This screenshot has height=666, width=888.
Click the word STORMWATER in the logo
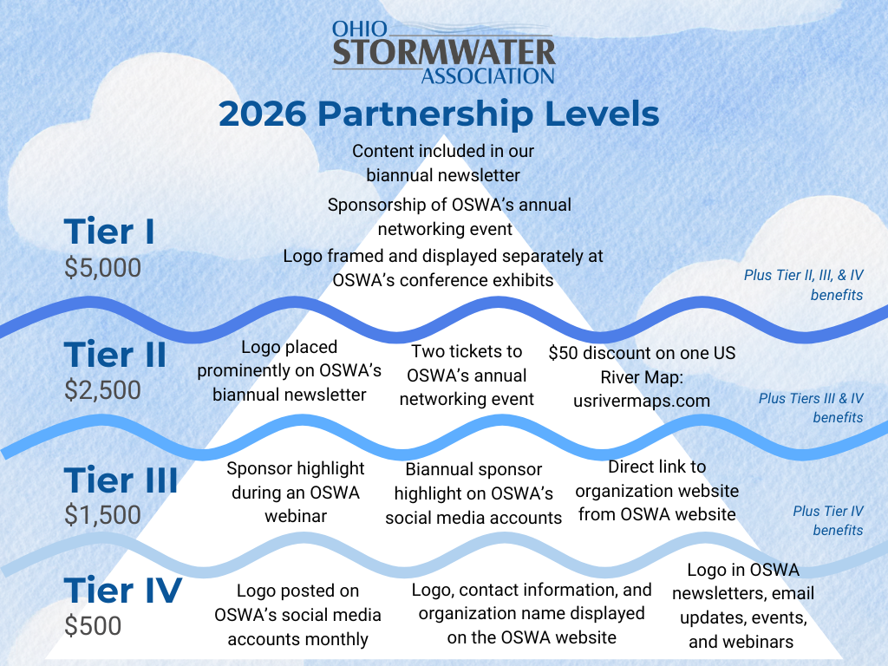[444, 53]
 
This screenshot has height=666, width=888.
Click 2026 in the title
[262, 114]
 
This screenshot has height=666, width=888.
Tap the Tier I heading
[109, 232]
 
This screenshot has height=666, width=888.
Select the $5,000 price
[102, 267]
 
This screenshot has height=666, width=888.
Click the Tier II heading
[115, 355]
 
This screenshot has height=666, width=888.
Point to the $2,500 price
[102, 390]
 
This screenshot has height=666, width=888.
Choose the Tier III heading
[121, 480]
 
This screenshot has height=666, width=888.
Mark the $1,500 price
[102, 515]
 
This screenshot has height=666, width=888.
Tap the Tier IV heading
[123, 590]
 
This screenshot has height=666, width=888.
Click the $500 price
[93, 626]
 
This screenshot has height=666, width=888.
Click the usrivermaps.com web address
[642, 401]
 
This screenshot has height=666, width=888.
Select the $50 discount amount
[563, 353]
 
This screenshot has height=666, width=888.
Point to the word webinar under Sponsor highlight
[296, 517]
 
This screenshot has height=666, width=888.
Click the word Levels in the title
[602, 114]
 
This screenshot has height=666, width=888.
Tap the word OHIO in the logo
[360, 29]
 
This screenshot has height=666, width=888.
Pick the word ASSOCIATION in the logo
[487, 76]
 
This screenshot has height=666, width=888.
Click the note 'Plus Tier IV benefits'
[828, 520]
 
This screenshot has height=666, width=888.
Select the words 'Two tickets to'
[467, 352]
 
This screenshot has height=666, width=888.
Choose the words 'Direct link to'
[657, 467]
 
